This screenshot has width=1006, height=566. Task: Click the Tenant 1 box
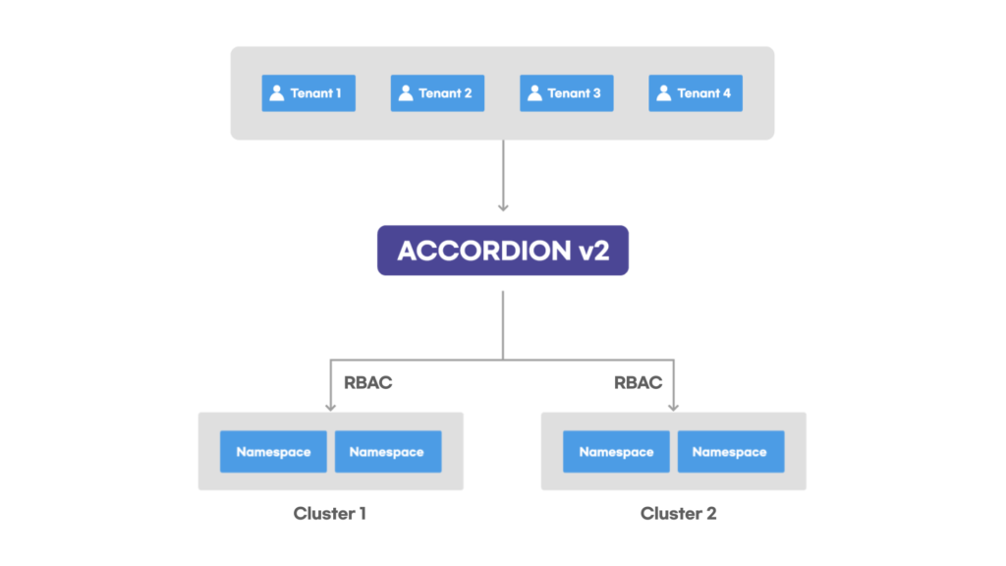[x=308, y=93]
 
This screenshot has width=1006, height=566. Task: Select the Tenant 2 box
[x=437, y=93]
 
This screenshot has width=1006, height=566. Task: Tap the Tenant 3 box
[x=567, y=93]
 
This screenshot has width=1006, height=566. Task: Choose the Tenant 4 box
[x=696, y=93]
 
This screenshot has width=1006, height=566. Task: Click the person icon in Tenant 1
[x=277, y=93]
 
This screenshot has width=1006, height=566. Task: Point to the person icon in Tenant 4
[x=664, y=93]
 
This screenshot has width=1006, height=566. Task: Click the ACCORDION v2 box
[x=503, y=251]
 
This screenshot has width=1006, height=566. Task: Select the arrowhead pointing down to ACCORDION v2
[x=503, y=207]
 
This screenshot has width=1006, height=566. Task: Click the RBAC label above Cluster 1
[x=367, y=382]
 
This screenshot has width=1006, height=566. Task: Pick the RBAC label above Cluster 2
[x=638, y=382]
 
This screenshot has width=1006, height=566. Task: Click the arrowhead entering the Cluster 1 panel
[x=330, y=407]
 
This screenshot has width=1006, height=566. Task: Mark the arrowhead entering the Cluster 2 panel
[x=674, y=407]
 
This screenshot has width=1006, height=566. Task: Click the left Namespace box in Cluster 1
[x=273, y=452]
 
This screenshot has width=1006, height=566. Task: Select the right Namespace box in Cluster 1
[x=388, y=452]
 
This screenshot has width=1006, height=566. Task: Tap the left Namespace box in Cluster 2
[x=617, y=452]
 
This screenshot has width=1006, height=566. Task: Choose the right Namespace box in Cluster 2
[x=731, y=452]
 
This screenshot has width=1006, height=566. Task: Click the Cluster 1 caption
[x=330, y=513]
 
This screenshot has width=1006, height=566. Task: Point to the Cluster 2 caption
[x=678, y=513]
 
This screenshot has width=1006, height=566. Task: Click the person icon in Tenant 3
[x=535, y=93]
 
